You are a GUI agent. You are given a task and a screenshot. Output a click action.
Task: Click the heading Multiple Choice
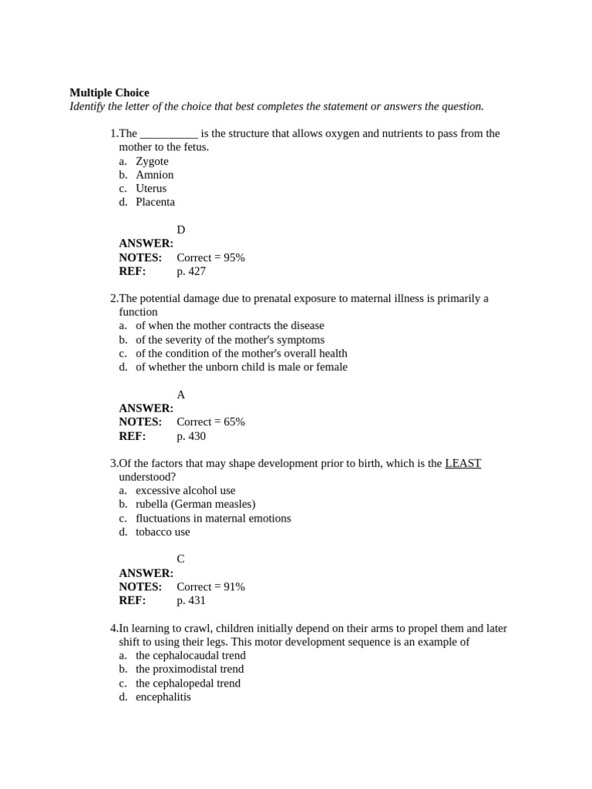(109, 92)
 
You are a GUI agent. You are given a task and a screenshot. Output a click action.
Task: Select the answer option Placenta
(155, 202)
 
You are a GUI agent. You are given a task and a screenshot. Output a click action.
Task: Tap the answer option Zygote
(152, 161)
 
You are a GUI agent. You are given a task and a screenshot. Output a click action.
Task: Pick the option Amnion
(154, 175)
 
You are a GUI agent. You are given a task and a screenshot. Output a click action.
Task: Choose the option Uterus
(151, 188)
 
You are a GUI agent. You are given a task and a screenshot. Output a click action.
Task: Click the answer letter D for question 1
(181, 230)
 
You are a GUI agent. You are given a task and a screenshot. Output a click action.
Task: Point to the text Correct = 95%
(210, 257)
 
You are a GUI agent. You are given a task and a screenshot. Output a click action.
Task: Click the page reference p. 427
(191, 271)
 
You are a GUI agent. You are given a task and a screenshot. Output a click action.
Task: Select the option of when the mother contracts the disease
(230, 326)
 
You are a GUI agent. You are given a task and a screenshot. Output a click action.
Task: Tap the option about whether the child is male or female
(241, 367)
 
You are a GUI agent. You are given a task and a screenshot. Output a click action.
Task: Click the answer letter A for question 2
(181, 394)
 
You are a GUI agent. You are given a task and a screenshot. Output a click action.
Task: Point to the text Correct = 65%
(210, 422)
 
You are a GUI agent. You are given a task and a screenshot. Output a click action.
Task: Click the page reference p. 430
(191, 436)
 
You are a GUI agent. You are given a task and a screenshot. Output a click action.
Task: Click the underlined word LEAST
(462, 463)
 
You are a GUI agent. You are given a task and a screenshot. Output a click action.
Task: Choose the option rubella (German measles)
(196, 504)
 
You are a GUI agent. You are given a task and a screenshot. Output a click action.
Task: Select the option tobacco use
(163, 532)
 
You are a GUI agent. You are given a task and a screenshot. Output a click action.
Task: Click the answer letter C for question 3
(181, 559)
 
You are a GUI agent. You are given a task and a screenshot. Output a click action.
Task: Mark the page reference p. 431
(191, 600)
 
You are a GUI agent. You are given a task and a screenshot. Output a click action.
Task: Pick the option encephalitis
(163, 697)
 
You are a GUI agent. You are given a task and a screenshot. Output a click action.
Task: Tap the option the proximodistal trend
(190, 669)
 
